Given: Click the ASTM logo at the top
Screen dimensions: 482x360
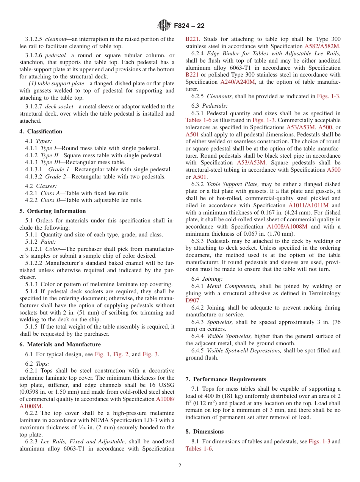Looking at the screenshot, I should click(164, 25).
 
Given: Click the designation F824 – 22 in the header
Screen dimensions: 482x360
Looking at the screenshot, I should click(189, 26).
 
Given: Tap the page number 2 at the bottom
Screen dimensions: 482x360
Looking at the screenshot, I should click(180, 466).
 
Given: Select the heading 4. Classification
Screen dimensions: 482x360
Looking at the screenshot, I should click(41, 131).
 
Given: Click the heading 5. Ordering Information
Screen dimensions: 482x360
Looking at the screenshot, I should click(53, 211).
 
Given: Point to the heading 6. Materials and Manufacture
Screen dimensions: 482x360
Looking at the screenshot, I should click(60, 344).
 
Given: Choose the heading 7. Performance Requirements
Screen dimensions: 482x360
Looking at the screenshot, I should click(226, 379).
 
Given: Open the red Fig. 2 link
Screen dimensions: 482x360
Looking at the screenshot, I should click(121, 355).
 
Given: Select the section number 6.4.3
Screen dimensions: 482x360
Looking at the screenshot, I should click(199, 322).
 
